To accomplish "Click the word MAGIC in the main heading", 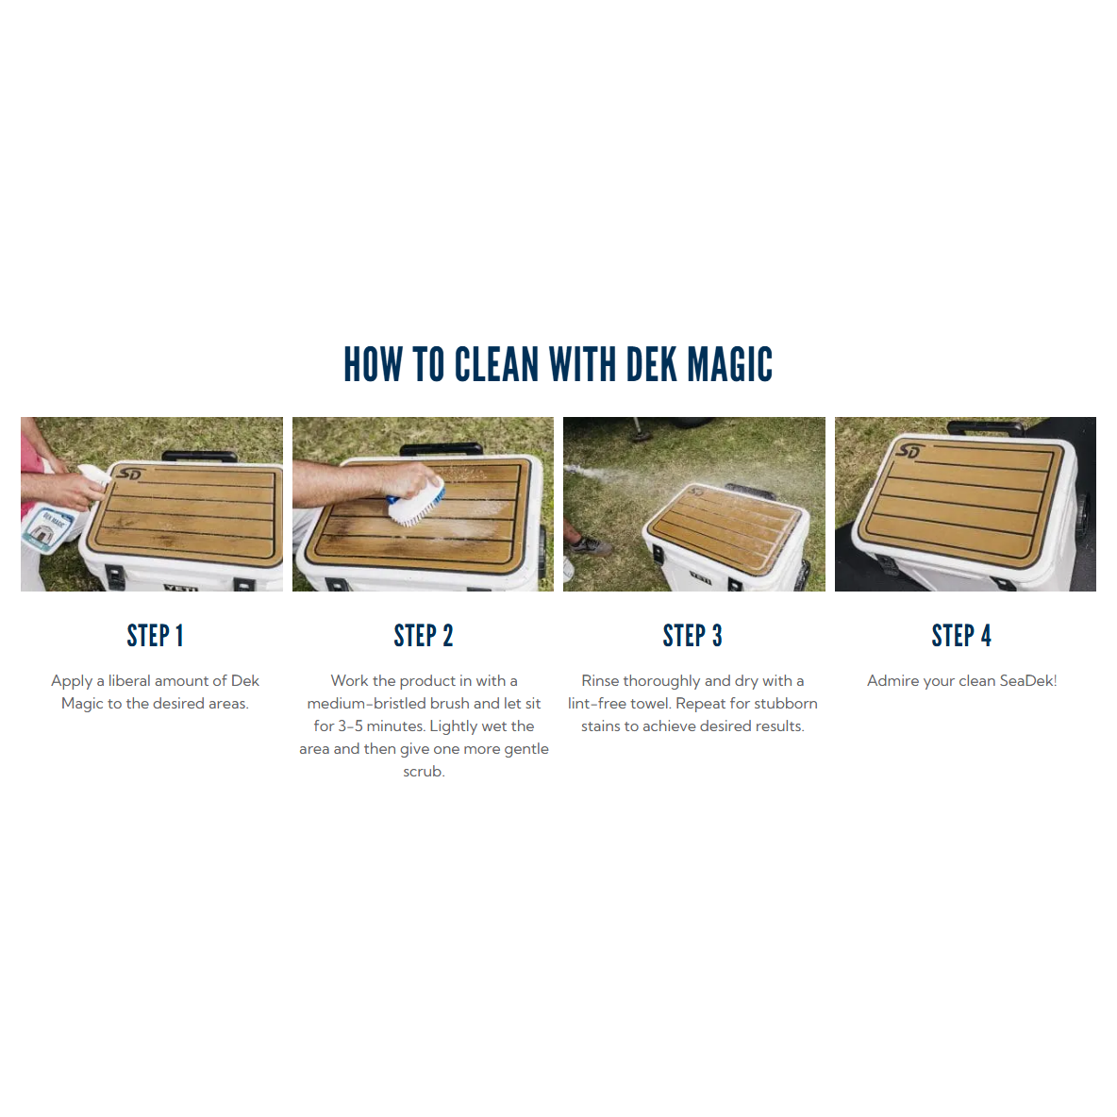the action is click(729, 364).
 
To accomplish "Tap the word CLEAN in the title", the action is click(496, 364).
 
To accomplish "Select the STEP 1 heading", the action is click(156, 636).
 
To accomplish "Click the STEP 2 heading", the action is click(424, 636).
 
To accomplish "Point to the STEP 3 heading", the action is click(692, 636).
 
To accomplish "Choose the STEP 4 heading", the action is click(961, 636).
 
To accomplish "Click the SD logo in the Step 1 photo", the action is click(129, 474).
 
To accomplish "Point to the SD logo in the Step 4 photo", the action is click(909, 451).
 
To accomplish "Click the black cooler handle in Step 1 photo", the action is click(200, 456).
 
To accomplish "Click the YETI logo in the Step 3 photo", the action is click(700, 579).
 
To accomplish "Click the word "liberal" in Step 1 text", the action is click(129, 680).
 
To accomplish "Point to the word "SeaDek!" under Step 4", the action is click(1028, 680).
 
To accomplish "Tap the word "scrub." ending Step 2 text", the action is click(424, 772).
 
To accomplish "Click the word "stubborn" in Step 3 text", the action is click(786, 703).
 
